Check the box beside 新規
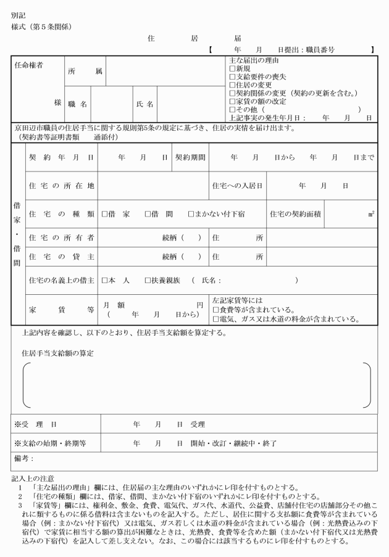[232, 69]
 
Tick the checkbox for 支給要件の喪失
[232, 77]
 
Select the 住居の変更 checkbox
[232, 85]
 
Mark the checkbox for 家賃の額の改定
[232, 101]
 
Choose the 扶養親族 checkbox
[148, 281]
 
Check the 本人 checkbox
[105, 281]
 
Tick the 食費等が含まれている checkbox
[216, 310]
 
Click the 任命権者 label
[30, 64]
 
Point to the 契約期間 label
[190, 158]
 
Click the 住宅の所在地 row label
[61, 186]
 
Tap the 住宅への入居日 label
[238, 186]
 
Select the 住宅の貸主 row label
[61, 257]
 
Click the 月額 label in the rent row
[115, 305]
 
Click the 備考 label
[23, 459]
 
